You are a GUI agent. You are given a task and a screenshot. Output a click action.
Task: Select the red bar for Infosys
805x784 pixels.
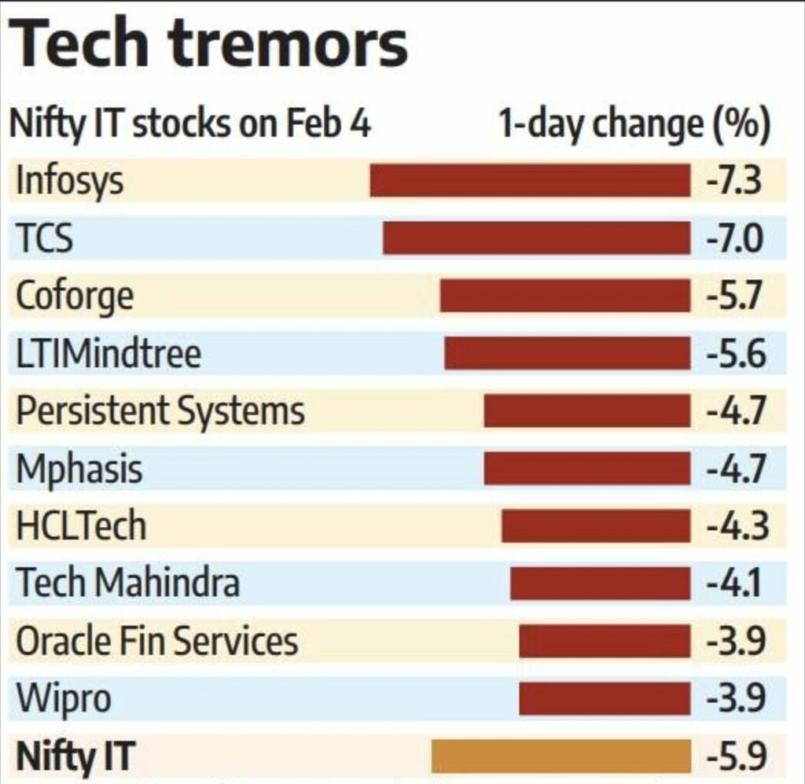click(530, 180)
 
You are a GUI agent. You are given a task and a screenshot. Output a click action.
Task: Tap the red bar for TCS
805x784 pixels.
click(536, 237)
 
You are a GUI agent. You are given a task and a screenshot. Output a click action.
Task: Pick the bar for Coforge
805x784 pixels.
click(564, 296)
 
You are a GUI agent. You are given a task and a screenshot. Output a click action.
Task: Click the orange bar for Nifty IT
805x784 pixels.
click(561, 757)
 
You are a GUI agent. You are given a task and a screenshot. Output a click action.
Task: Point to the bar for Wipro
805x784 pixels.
click(605, 699)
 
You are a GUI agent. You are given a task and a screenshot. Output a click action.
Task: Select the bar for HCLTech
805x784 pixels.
click(596, 526)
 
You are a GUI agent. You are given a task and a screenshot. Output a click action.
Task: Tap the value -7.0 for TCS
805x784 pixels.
click(734, 237)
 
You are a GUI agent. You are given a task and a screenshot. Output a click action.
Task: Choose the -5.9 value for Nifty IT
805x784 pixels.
click(734, 757)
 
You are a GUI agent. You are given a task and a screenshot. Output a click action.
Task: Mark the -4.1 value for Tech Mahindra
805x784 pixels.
click(733, 583)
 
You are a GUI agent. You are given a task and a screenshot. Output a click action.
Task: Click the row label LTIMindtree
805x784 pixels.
click(108, 353)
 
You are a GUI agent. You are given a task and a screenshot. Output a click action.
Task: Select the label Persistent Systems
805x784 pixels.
click(160, 411)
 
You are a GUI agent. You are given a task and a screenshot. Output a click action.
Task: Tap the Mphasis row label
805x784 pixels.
click(79, 469)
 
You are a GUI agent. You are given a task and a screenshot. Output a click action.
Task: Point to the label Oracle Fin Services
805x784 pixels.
click(157, 642)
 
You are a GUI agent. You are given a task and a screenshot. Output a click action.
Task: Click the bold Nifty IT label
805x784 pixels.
click(75, 757)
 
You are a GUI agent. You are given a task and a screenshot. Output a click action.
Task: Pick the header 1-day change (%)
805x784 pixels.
click(634, 124)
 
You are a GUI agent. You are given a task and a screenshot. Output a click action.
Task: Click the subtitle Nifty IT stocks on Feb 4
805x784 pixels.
click(189, 124)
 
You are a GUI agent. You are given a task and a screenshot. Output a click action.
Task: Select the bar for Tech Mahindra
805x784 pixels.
click(600, 583)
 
